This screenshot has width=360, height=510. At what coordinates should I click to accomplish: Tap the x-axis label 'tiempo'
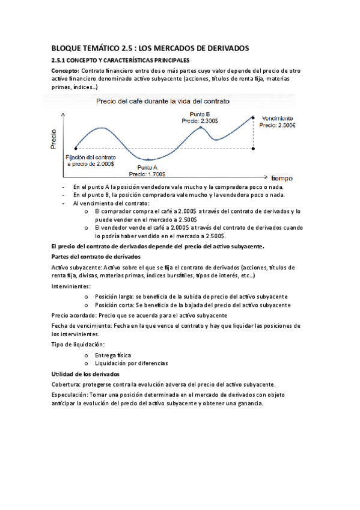[282, 178]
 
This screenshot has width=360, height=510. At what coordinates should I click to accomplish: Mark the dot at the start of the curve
[75, 147]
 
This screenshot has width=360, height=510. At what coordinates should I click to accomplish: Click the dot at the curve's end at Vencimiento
[254, 117]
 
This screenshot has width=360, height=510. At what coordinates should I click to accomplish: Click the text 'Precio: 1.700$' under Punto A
[147, 174]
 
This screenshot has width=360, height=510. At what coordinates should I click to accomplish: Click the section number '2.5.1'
[59, 61]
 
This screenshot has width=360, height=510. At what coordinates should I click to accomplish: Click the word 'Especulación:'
[69, 395]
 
